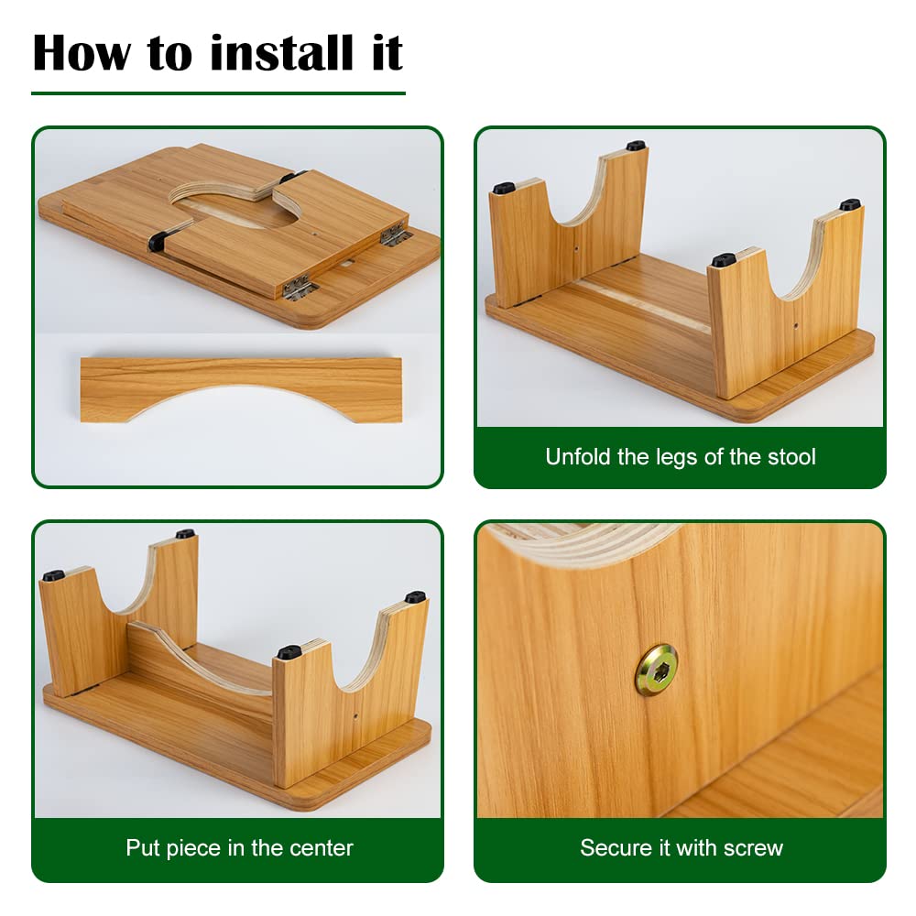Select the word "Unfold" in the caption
(x=578, y=457)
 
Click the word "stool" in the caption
(x=791, y=457)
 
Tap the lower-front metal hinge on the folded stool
(x=300, y=288)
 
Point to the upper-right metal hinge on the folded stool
(x=394, y=234)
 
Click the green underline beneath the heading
(x=219, y=93)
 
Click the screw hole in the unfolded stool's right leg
(x=795, y=325)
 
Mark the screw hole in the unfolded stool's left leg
(x=576, y=249)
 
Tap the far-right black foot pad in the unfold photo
(x=850, y=205)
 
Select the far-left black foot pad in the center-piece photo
(x=54, y=575)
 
